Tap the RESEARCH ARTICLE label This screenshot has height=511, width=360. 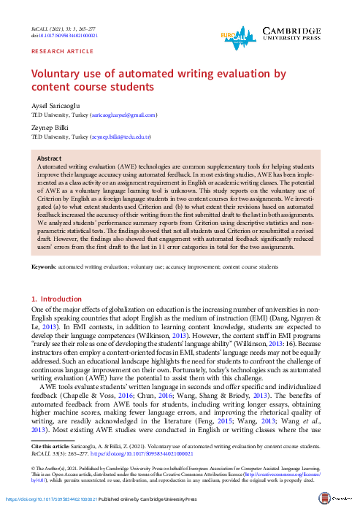[x=55, y=53]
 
